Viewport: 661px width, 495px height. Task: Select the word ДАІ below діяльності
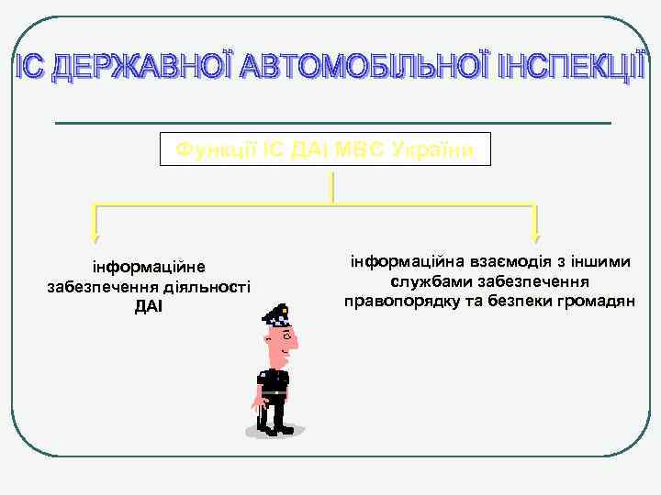point(148,305)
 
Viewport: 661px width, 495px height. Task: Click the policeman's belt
point(274,392)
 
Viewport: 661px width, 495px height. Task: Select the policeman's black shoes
point(275,428)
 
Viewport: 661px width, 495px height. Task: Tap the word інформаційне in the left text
point(148,269)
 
